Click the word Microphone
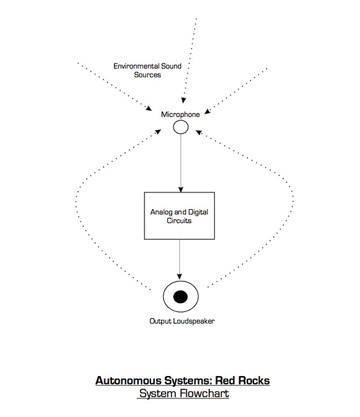tap(180, 114)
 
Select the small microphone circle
tap(181, 127)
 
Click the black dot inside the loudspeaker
tap(180, 297)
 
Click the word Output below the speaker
tap(160, 321)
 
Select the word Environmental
tap(136, 66)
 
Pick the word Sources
tap(147, 75)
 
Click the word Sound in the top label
tap(171, 66)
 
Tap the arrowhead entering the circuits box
tap(181, 189)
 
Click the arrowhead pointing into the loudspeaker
tap(180, 276)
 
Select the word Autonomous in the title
tap(128, 381)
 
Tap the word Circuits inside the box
tap(179, 221)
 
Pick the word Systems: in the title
tap(188, 381)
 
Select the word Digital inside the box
tap(198, 212)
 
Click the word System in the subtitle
tap(158, 393)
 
